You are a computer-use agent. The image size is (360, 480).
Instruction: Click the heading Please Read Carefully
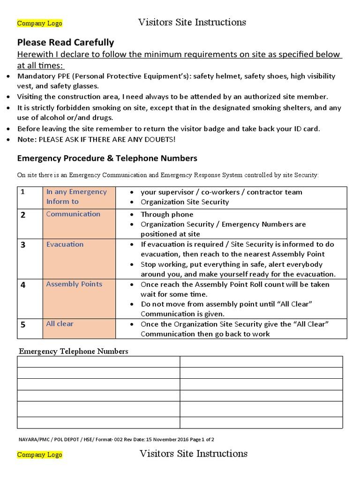click(66, 42)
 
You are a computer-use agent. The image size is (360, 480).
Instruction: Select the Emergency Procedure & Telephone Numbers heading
click(107, 158)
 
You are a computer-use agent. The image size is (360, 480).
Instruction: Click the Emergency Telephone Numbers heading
click(73, 351)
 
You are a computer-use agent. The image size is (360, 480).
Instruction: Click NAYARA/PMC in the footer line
click(32, 439)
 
